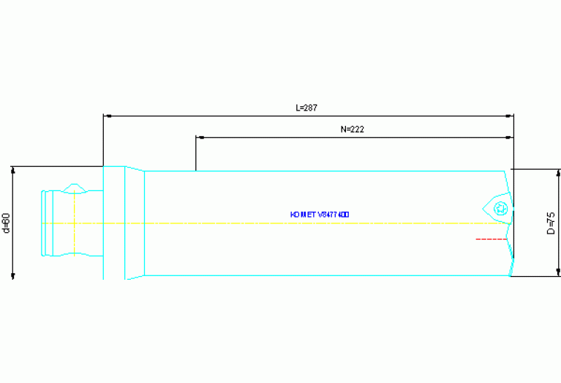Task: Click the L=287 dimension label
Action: [x=306, y=108]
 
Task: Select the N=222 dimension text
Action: [x=353, y=129]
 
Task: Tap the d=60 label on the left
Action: [x=6, y=223]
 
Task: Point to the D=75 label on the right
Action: [x=551, y=223]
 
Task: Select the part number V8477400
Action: [x=334, y=215]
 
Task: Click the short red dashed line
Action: [x=491, y=239]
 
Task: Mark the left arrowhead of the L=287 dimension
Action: [x=107, y=116]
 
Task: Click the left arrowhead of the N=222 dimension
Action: [x=200, y=137]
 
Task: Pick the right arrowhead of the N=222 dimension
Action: [x=510, y=137]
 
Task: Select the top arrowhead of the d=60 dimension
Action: [x=13, y=170]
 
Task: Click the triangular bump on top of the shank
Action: [x=74, y=188]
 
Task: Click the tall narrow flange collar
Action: [x=113, y=223]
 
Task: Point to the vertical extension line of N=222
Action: [x=196, y=154]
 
